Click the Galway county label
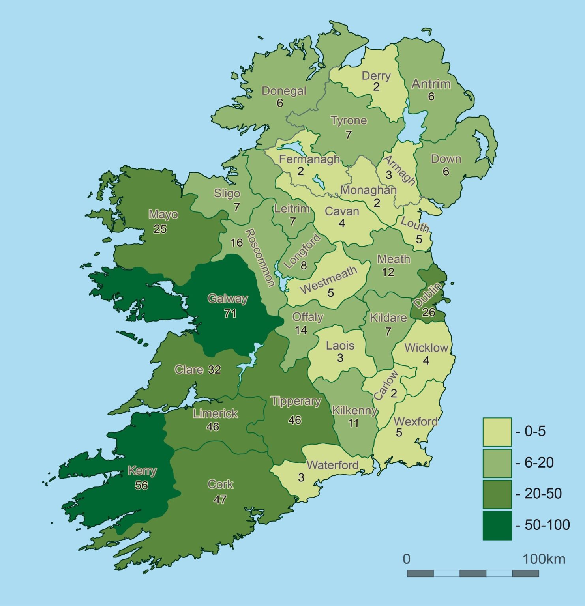pos(228,299)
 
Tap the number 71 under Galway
pos(230,314)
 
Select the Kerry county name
pos(142,471)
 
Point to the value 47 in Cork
pos(220,499)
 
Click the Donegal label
pos(284,91)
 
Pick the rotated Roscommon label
pos(260,258)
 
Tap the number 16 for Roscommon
pos(236,243)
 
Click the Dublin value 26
pos(429,312)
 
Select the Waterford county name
pos(332,465)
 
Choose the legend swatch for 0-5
pos(497,432)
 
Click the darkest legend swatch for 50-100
pos(497,526)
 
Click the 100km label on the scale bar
pos(544,559)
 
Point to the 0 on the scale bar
pos(407,559)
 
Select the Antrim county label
pos(431,84)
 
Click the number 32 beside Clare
pos(214,370)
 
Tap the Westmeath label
pos(328,279)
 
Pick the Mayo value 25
pos(160,229)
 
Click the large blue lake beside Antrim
pos(412,124)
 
